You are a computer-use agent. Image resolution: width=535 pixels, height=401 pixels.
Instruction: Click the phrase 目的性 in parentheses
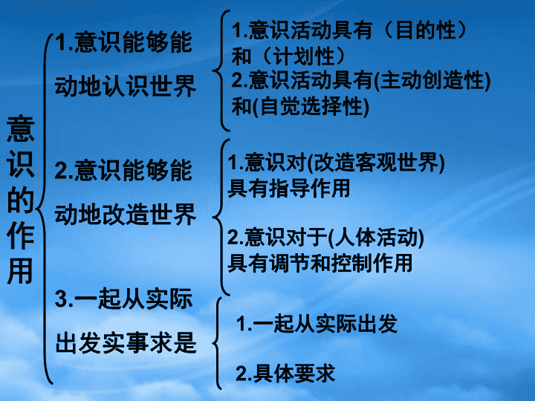[x=427, y=30]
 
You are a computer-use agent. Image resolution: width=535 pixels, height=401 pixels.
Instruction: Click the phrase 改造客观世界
[x=376, y=163]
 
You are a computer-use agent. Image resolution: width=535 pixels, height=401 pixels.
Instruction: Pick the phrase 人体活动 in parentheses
[x=376, y=238]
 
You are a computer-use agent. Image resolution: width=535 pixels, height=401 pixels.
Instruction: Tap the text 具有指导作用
[x=288, y=188]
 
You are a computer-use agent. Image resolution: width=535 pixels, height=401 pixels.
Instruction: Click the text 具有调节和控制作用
[x=320, y=263]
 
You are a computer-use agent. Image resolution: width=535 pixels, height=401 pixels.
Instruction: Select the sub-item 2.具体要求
[x=285, y=374]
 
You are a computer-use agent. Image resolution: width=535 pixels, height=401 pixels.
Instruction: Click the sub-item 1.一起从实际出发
[x=317, y=323]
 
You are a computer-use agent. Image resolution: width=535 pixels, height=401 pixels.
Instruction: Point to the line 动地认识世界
[x=126, y=86]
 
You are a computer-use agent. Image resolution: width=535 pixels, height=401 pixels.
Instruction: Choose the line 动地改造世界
[x=126, y=215]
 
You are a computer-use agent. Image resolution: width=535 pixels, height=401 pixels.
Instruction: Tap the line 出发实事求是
[x=126, y=342]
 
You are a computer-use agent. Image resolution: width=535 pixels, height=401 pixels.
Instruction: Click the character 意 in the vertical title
[x=21, y=128]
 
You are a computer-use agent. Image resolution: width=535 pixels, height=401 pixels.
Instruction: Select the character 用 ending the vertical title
[x=21, y=271]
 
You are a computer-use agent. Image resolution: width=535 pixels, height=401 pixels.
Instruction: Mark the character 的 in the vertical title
[x=21, y=200]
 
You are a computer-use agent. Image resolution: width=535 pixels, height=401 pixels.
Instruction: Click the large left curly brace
[x=44, y=209]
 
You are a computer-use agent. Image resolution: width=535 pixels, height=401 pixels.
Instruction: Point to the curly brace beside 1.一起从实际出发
[x=217, y=343]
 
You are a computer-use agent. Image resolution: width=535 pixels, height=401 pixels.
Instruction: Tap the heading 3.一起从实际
[x=123, y=299]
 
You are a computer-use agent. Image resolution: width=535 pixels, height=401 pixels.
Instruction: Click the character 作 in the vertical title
[x=21, y=235]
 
